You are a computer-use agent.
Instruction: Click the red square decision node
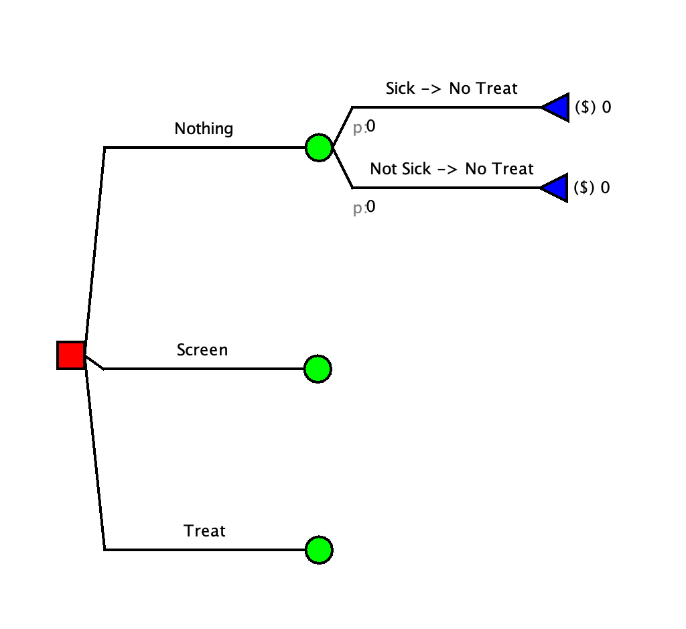[70, 355]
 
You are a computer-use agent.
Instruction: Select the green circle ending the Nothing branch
[319, 147]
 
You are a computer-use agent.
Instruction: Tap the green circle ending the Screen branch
[318, 368]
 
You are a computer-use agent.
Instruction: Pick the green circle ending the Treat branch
[319, 550]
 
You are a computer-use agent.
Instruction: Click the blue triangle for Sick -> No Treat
[556, 107]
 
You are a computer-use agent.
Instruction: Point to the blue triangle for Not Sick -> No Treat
[555, 188]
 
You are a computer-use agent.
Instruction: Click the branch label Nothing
[204, 129]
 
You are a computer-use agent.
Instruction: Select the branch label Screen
[202, 350]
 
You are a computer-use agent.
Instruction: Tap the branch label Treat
[205, 531]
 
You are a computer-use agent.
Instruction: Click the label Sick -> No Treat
[452, 89]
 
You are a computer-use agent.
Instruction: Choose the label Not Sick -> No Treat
[452, 169]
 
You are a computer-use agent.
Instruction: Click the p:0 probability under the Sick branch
[364, 127]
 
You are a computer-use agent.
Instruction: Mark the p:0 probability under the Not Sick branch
[364, 208]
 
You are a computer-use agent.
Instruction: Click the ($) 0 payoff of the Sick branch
[593, 107]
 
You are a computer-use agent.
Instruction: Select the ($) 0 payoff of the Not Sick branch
[592, 188]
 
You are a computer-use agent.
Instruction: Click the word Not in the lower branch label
[384, 169]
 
